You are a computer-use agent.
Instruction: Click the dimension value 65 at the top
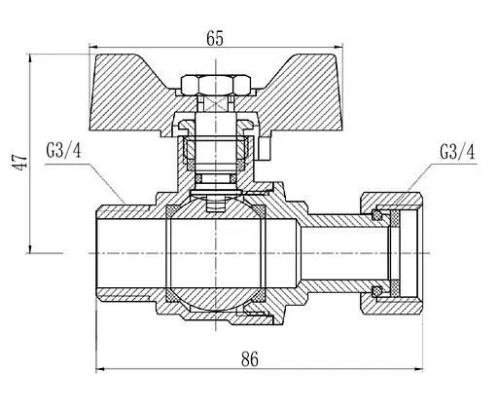click(x=215, y=39)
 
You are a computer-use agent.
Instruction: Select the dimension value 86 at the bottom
click(x=250, y=359)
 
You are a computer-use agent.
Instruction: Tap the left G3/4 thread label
click(x=63, y=151)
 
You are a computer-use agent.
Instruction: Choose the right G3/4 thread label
click(x=457, y=151)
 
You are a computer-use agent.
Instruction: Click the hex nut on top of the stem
click(x=216, y=85)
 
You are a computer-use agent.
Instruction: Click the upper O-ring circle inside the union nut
click(x=376, y=215)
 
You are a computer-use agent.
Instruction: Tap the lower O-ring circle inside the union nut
click(x=376, y=291)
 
